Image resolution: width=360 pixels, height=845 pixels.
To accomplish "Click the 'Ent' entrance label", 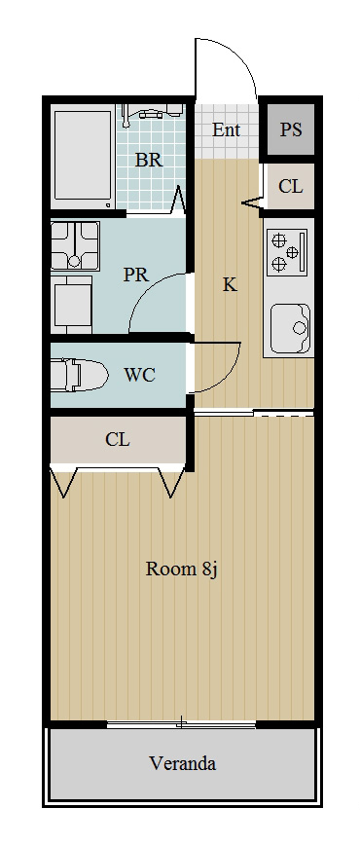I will (226, 129).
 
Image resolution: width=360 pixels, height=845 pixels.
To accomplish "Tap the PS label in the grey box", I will (291, 129).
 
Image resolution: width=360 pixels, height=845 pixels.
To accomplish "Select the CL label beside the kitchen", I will (290, 187).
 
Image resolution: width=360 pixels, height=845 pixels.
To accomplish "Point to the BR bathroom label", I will (148, 161).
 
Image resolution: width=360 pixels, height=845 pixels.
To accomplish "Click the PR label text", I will (135, 275).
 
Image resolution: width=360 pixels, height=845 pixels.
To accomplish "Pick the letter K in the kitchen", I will (230, 284).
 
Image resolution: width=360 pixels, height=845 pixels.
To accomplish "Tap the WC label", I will (140, 375).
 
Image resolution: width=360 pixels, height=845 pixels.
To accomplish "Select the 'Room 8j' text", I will (180, 569).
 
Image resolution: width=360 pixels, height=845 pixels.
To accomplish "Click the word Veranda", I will (182, 763).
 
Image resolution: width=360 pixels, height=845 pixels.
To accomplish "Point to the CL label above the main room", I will (118, 439).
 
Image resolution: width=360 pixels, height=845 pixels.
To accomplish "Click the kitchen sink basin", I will (289, 327).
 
